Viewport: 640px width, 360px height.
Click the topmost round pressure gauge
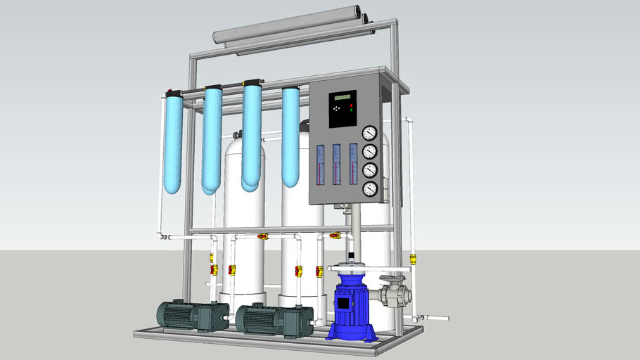[x=369, y=133]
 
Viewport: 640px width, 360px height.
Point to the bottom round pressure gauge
[x=370, y=188]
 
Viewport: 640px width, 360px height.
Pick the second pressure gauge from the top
[x=370, y=151]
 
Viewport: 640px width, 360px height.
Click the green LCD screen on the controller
[x=343, y=97]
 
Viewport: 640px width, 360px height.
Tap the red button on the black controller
[x=352, y=104]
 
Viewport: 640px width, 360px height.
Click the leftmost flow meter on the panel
[x=320, y=165]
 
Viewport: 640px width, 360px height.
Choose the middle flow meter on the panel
[x=337, y=165]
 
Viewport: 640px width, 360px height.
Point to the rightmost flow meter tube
[x=353, y=165]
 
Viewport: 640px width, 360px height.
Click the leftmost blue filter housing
[x=172, y=144]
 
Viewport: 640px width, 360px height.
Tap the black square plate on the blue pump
[x=344, y=304]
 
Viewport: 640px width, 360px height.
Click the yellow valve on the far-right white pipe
[x=413, y=259]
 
